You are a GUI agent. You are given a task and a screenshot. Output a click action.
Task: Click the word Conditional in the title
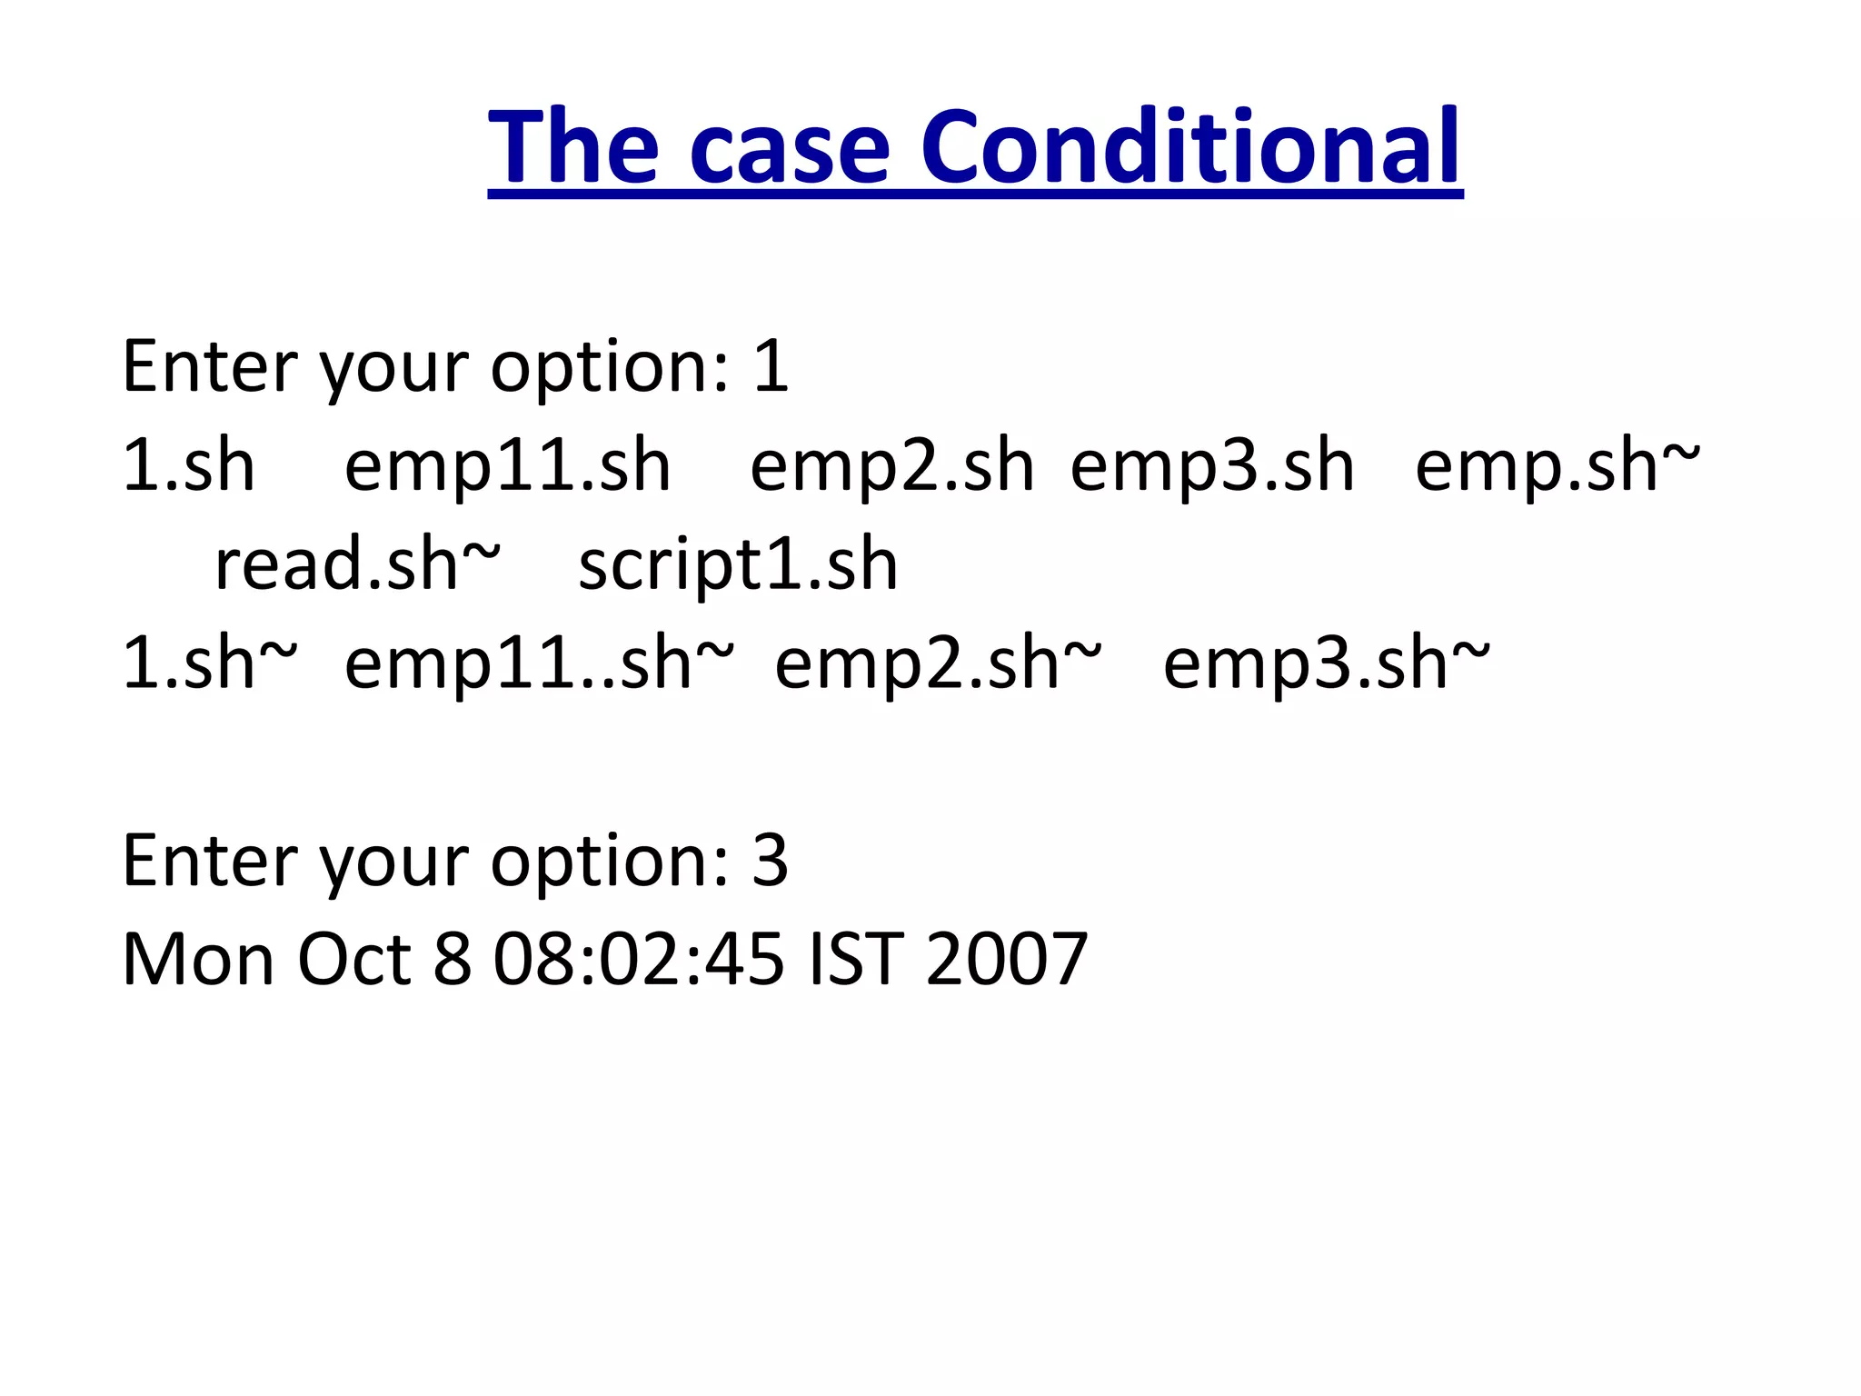[1189, 147]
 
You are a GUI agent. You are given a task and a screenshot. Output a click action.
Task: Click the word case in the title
[789, 147]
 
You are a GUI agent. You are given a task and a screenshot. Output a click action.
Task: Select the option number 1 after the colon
[771, 366]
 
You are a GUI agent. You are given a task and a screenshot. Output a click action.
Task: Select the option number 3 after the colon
[770, 861]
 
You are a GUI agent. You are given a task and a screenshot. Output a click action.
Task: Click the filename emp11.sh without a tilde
[507, 465]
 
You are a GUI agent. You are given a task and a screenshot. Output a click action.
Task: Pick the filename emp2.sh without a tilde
[891, 465]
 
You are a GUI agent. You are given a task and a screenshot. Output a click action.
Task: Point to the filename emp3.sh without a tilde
[1212, 465]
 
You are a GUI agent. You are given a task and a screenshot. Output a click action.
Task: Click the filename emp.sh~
[1557, 465]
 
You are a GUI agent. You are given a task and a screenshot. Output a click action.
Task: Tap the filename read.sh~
[356, 564]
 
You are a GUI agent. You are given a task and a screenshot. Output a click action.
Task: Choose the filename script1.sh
[738, 564]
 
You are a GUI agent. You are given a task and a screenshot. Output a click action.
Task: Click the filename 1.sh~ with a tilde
[209, 663]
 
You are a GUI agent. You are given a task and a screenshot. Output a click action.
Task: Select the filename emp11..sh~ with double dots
[539, 663]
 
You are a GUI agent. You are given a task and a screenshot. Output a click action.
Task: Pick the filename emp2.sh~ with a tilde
[938, 663]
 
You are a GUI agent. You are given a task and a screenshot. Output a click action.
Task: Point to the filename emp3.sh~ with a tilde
[1327, 663]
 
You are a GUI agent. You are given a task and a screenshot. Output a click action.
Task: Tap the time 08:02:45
[638, 960]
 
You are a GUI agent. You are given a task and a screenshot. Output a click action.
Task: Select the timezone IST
[855, 960]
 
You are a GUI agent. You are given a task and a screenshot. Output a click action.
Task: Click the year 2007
[1006, 960]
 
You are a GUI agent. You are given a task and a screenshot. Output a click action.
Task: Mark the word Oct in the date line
[354, 960]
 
